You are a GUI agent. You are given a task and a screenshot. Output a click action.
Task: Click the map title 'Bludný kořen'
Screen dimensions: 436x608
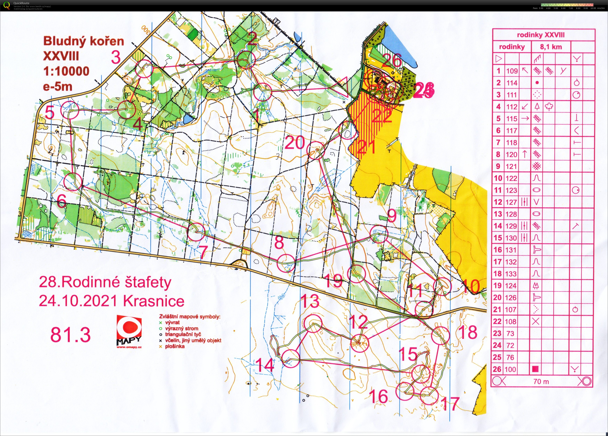coord(84,41)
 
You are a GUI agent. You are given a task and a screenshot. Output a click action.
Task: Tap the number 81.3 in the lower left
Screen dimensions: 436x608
coord(71,335)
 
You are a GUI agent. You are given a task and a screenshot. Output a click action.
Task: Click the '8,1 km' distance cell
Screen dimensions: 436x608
coord(551,47)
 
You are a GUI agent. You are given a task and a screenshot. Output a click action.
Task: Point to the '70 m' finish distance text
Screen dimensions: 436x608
coord(541,381)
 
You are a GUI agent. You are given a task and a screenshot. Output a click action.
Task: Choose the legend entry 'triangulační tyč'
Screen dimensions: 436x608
coord(183,334)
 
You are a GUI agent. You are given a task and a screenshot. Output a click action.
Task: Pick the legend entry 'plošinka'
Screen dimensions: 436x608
coord(175,346)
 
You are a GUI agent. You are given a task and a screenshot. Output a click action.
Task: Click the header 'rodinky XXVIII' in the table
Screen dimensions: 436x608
coord(540,35)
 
